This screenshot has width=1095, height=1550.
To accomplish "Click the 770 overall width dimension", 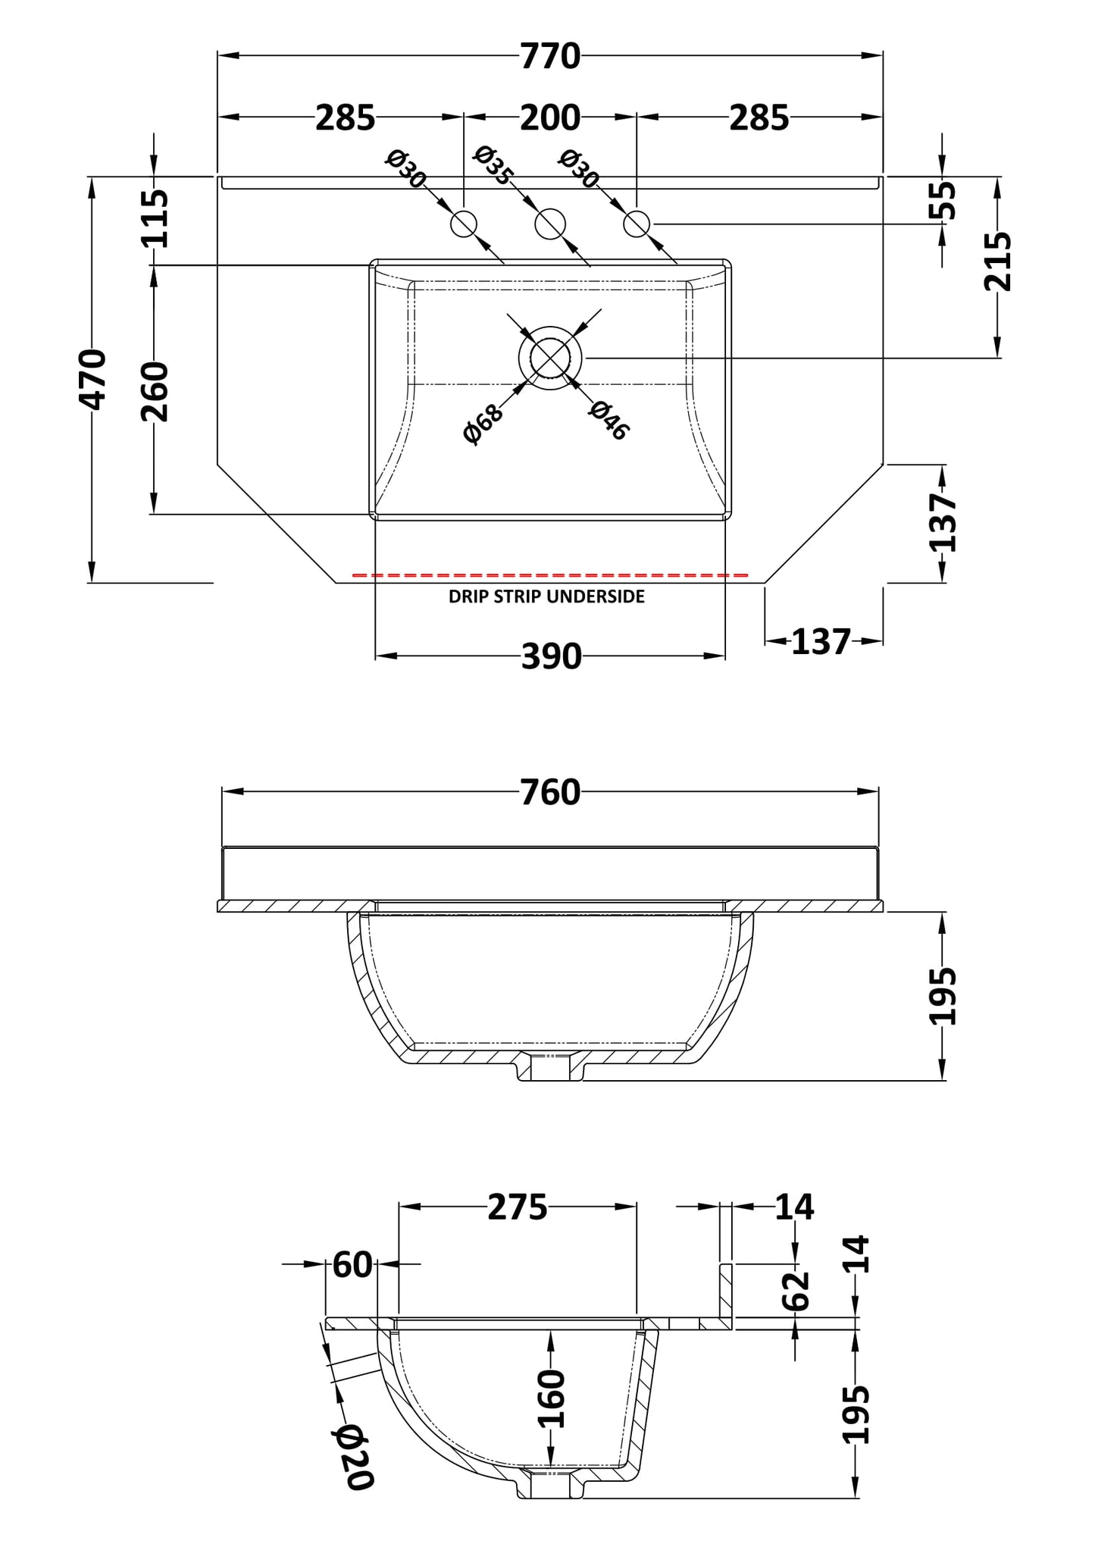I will (550, 57).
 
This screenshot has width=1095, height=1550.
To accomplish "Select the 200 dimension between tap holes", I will (550, 118).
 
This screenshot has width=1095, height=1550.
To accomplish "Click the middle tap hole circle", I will (550, 224).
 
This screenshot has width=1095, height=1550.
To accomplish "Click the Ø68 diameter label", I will (483, 424).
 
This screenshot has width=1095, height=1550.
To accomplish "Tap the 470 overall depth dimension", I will (94, 379).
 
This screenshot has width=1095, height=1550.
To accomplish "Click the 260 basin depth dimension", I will (155, 391).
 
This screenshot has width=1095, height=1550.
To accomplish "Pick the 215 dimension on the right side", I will (998, 261).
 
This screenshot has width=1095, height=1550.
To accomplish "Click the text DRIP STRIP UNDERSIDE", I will (546, 597).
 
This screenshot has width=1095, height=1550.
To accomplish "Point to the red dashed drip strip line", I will (550, 576).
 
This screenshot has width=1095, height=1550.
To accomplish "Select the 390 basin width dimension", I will (551, 656).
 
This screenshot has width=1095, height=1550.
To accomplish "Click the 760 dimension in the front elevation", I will (550, 793).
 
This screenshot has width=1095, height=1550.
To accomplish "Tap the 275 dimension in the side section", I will (517, 1207).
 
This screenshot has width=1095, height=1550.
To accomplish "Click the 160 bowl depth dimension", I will (552, 1398).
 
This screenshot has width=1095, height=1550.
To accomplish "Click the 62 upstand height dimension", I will (796, 1291).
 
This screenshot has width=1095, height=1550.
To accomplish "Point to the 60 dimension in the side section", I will (352, 1264).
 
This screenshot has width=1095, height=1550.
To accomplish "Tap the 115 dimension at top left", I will (155, 218).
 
